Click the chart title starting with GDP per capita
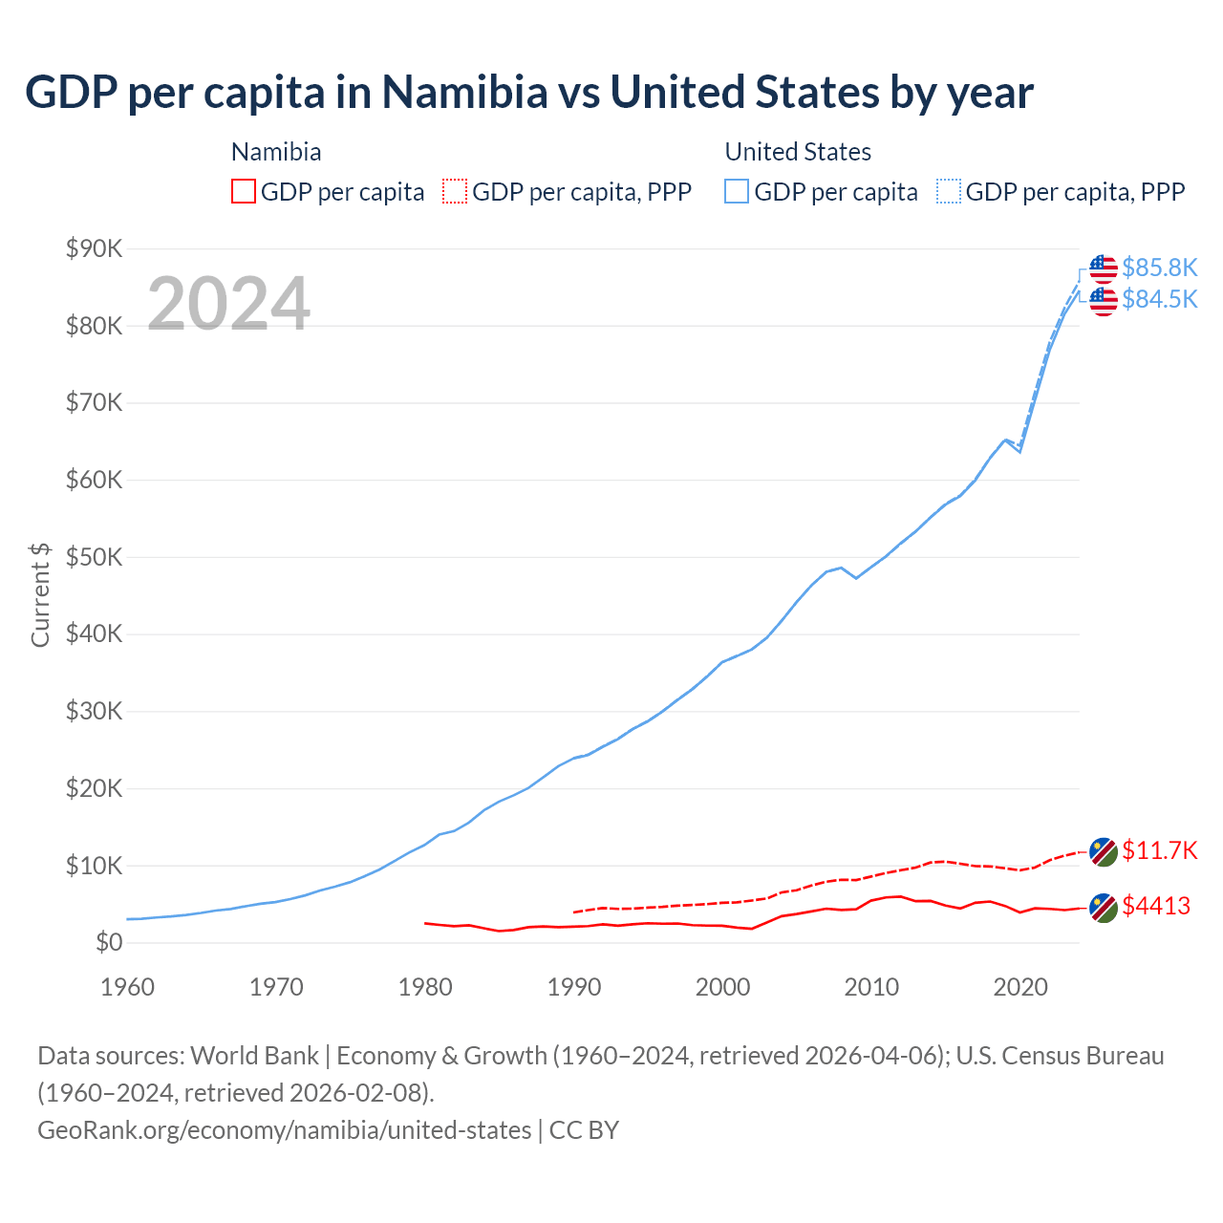tap(529, 93)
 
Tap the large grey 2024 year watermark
tap(228, 304)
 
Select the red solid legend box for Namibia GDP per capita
tap(244, 191)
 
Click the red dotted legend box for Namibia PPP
tap(455, 191)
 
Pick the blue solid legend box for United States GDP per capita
tap(737, 191)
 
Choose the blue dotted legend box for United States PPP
tap(949, 191)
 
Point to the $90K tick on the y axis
tap(94, 248)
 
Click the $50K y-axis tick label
tap(94, 557)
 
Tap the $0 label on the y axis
tap(108, 942)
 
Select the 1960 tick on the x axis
tap(127, 986)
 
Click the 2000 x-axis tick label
tap(722, 986)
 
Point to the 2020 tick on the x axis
tap(1020, 986)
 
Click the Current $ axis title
tap(40, 594)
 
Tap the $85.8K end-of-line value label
tap(1159, 268)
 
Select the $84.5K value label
tap(1159, 300)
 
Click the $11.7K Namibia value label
tap(1159, 850)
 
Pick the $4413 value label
tap(1156, 906)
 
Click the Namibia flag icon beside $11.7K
tap(1104, 851)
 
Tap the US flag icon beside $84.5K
tap(1104, 301)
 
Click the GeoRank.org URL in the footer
tap(284, 1130)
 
